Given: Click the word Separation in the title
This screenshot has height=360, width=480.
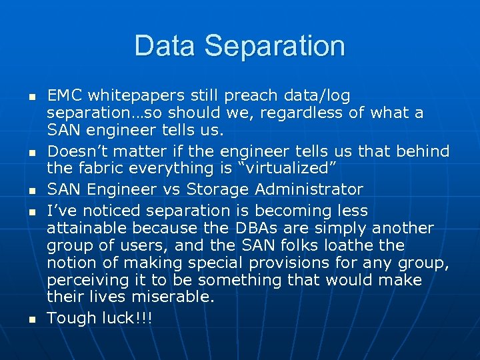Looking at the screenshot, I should click(x=275, y=46).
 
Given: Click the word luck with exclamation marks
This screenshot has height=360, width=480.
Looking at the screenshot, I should click(x=127, y=318).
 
